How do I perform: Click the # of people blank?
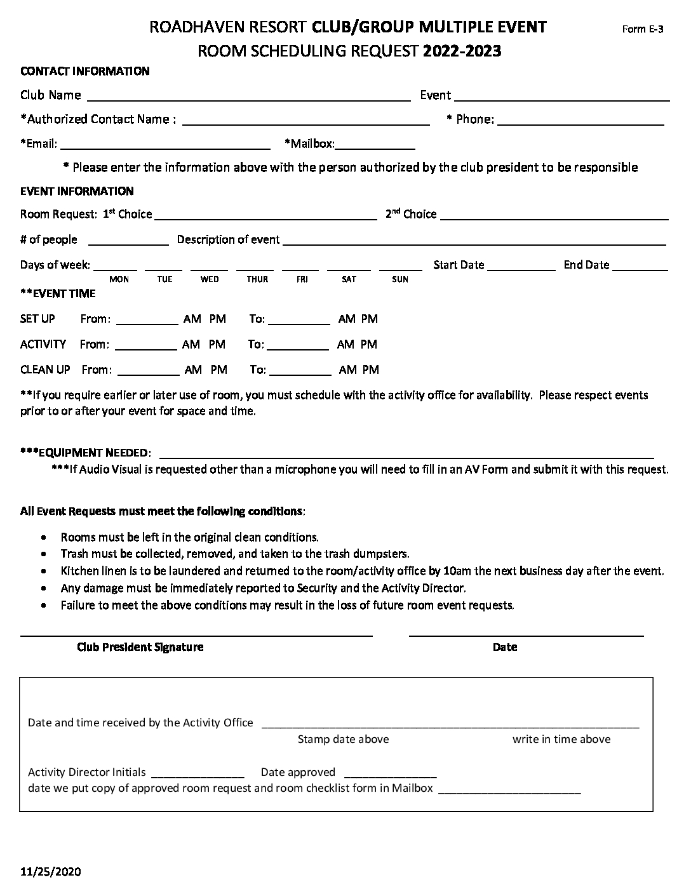pyautogui.click(x=128, y=242)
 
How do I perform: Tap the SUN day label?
pyautogui.click(x=400, y=279)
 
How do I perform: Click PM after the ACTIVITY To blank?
pyautogui.click(x=369, y=344)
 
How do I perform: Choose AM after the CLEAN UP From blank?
pyautogui.click(x=193, y=370)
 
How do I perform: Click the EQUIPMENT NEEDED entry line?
pyautogui.click(x=406, y=455)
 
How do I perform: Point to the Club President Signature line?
pyautogui.click(x=196, y=633)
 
